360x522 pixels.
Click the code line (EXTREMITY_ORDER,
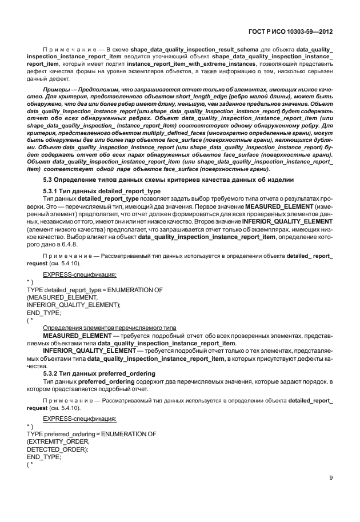(x=58, y=441)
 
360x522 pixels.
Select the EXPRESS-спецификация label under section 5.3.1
(x=76, y=275)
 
